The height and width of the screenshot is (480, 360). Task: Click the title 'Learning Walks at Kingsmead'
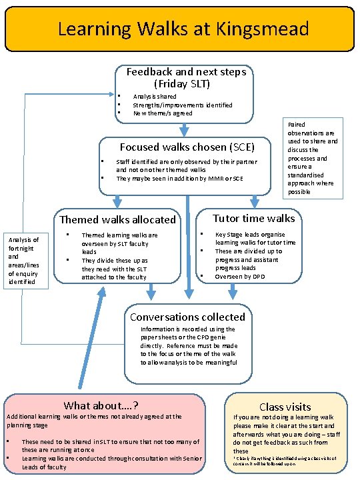pyautogui.click(x=183, y=29)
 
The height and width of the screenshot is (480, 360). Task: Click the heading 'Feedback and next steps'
pyautogui.click(x=186, y=71)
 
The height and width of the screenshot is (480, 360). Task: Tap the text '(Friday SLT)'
pyautogui.click(x=181, y=83)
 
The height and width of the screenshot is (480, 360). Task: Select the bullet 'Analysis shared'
pyautogui.click(x=155, y=97)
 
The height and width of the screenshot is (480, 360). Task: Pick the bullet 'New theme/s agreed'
pyautogui.click(x=163, y=113)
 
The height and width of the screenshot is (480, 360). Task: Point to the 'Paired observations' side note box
pyautogui.click(x=313, y=159)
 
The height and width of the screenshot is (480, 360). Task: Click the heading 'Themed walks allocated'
pyautogui.click(x=118, y=219)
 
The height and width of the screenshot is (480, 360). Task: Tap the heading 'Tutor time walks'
pyautogui.click(x=253, y=219)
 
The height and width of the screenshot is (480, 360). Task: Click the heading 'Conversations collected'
pyautogui.click(x=187, y=317)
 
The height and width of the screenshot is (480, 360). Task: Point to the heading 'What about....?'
pyautogui.click(x=101, y=405)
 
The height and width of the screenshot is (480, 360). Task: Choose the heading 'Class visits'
pyautogui.click(x=285, y=406)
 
